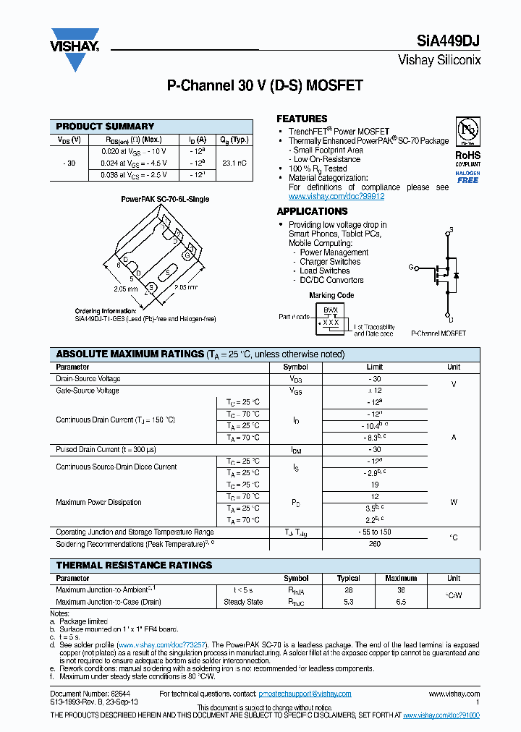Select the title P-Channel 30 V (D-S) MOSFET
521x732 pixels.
(265, 86)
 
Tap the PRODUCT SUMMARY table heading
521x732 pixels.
(105, 127)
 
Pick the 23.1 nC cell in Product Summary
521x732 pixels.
(234, 163)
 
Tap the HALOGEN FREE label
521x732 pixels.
(467, 177)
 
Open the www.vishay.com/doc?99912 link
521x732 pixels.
(336, 197)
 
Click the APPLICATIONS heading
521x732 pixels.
(312, 212)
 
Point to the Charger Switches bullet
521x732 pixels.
(330, 262)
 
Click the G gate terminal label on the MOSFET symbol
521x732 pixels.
(411, 268)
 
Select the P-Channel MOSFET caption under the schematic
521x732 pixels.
(439, 333)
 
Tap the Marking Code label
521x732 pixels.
(331, 295)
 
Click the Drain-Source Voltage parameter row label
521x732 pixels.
(88, 379)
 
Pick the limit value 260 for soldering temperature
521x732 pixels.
(374, 544)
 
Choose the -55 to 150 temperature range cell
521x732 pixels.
(374, 532)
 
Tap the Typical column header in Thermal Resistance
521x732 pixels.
(349, 579)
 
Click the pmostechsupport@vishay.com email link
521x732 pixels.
(305, 694)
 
